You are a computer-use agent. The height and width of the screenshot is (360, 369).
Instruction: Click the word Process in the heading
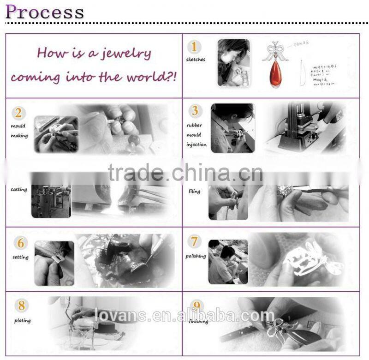pyautogui.click(x=45, y=11)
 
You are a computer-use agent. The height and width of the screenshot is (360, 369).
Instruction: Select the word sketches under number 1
pyautogui.click(x=196, y=60)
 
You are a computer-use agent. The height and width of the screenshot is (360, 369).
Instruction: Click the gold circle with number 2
pyautogui.click(x=18, y=113)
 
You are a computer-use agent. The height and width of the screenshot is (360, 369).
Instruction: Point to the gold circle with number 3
pyautogui.click(x=195, y=111)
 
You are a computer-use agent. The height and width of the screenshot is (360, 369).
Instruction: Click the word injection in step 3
pyautogui.click(x=196, y=145)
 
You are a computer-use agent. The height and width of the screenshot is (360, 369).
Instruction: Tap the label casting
pyautogui.click(x=19, y=189)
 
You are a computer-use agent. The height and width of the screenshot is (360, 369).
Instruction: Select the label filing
pyautogui.click(x=194, y=191)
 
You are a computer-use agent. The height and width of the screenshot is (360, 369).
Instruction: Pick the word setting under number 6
pyautogui.click(x=20, y=257)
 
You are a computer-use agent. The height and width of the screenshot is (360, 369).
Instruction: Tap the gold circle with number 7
pyautogui.click(x=195, y=241)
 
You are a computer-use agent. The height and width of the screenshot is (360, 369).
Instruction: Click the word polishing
pyautogui.click(x=196, y=256)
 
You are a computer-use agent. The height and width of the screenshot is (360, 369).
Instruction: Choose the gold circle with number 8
pyautogui.click(x=20, y=306)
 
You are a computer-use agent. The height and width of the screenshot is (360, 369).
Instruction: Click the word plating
pyautogui.click(x=22, y=320)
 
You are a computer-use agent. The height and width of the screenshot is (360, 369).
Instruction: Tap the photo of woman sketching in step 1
pyautogui.click(x=233, y=62)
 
